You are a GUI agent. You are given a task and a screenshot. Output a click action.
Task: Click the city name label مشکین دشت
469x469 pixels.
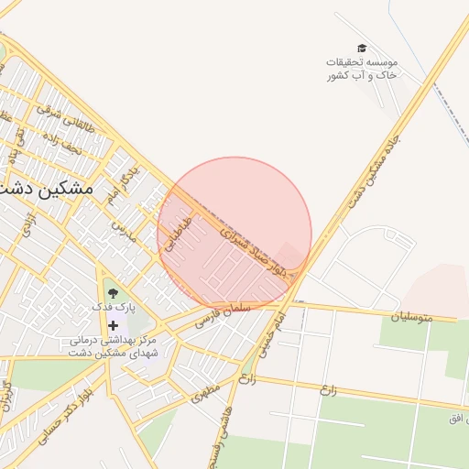coord(50,188)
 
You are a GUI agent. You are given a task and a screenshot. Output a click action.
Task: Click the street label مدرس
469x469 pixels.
coord(124,230)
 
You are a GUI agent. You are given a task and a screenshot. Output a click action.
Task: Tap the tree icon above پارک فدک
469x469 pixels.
coord(113,292)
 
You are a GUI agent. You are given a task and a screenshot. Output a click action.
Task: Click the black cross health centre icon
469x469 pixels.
coord(113,325)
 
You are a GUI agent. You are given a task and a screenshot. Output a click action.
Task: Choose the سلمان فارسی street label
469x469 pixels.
coord(219,320)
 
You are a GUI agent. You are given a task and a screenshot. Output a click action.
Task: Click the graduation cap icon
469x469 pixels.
coord(362,48)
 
